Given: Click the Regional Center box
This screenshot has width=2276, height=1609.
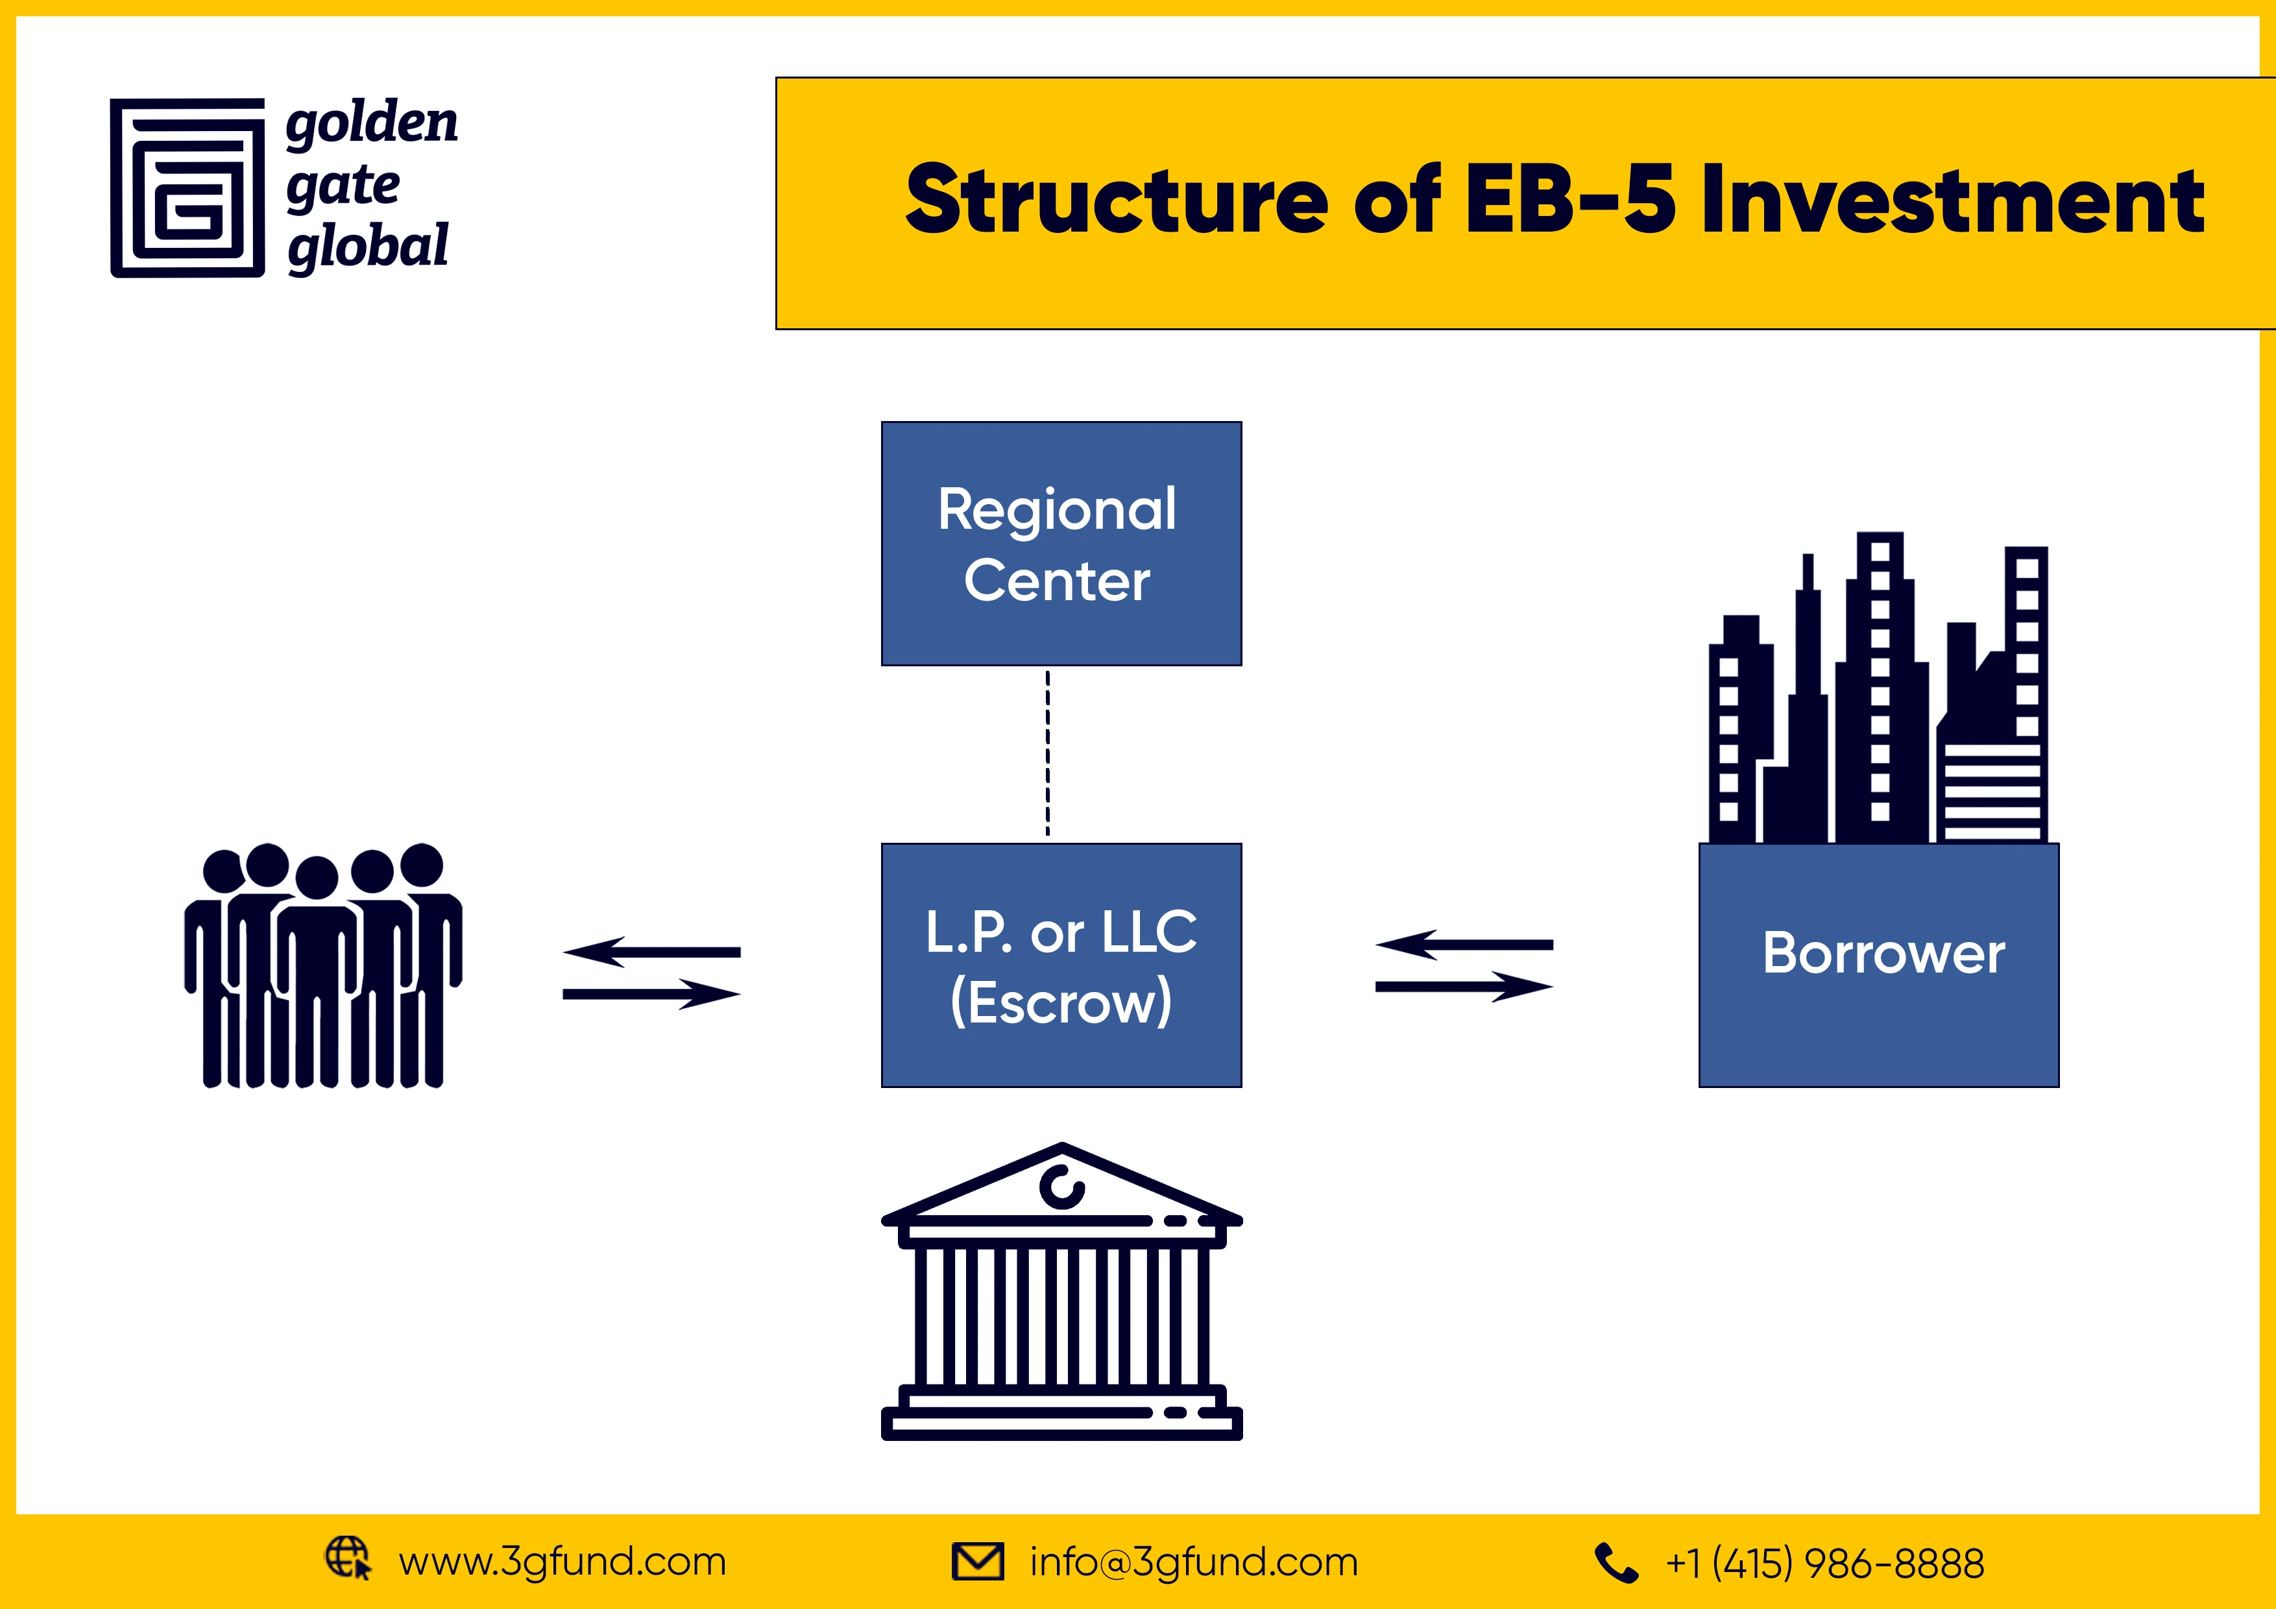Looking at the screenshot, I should coord(1061,543).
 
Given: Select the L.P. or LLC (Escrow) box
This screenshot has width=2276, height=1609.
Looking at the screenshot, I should coord(1061,965).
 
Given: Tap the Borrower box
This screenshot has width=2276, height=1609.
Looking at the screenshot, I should coord(1878,965).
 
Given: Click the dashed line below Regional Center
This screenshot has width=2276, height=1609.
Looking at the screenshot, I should coord(1048,753).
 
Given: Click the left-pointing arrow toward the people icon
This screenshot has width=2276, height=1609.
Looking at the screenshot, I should coord(651,952).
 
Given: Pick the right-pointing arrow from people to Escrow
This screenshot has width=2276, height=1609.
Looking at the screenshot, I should coord(651,993).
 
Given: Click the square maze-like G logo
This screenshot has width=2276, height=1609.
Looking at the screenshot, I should coord(188,188).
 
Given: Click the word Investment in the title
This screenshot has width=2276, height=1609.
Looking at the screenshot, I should coord(1953,201).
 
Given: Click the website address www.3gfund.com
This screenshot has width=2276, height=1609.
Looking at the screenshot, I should coord(562,1562).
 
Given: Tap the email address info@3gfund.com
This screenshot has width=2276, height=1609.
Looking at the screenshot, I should coord(1194,1562).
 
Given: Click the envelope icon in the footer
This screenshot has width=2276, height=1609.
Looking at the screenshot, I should coord(977,1562).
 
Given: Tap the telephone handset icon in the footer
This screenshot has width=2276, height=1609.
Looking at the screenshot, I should coord(1615,1564).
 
